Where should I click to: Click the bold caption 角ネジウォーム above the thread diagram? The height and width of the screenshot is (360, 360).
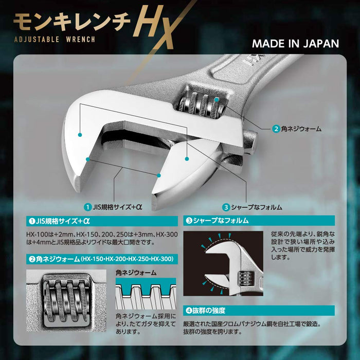[136, 272]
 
